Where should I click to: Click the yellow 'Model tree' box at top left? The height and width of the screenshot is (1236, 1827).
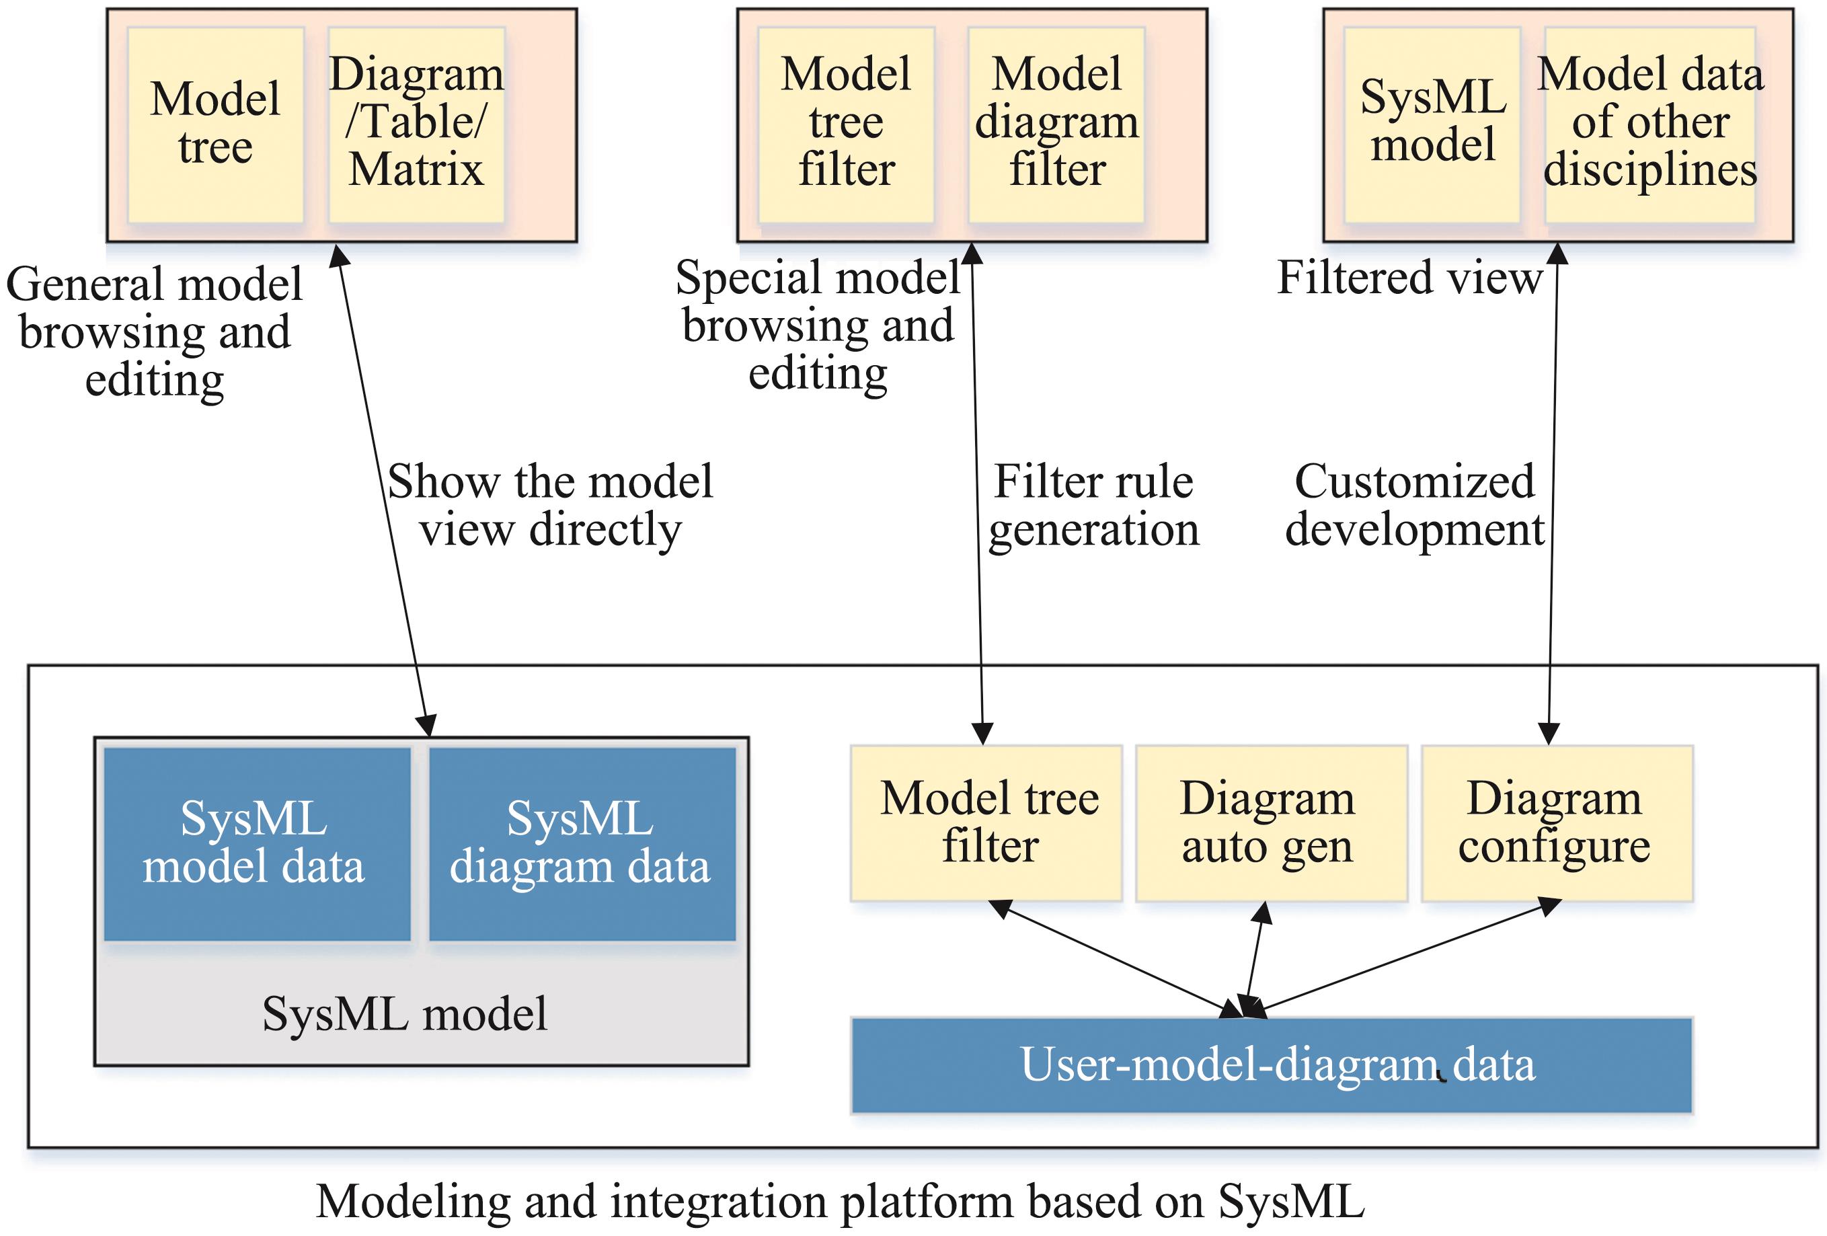click(215, 125)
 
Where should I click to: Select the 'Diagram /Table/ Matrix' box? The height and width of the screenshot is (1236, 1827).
click(416, 125)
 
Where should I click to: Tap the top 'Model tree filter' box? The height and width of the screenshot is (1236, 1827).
click(846, 125)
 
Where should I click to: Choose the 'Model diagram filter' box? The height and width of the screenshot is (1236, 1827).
click(1056, 125)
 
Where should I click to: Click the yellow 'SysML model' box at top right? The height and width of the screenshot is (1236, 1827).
click(1432, 125)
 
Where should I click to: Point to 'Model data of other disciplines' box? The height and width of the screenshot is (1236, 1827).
click(1650, 125)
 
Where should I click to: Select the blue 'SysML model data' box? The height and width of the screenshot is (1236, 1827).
click(257, 844)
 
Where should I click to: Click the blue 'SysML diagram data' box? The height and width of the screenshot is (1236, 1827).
click(582, 844)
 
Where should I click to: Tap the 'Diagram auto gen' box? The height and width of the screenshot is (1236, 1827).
click(1271, 823)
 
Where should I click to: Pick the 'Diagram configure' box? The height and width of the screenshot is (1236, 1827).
click(1557, 823)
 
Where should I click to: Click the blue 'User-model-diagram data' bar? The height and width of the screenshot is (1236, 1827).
click(1271, 1065)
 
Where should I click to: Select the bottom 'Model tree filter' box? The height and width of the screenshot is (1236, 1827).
click(986, 823)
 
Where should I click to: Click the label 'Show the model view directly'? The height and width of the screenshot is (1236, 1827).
click(550, 506)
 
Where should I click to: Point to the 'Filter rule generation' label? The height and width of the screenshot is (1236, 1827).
click(1093, 506)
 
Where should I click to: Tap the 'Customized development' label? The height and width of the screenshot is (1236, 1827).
click(1414, 506)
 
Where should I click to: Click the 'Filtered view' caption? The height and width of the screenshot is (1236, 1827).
click(1409, 278)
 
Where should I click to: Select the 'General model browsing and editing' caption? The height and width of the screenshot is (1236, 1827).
click(154, 332)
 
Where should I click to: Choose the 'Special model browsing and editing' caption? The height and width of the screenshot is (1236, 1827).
click(818, 325)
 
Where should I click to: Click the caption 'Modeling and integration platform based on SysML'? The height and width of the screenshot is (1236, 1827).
click(840, 1202)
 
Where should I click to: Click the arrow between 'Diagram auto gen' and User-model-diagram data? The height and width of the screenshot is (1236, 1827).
click(1254, 959)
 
